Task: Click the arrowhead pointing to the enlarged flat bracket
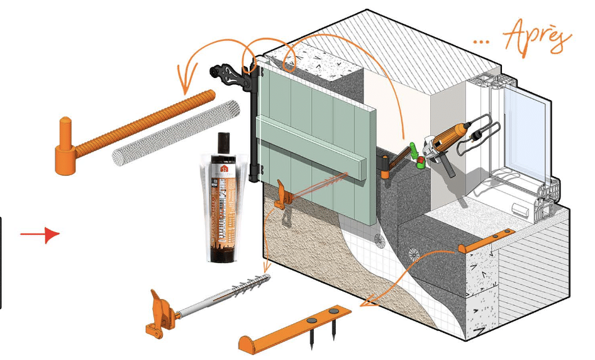(364, 305)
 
